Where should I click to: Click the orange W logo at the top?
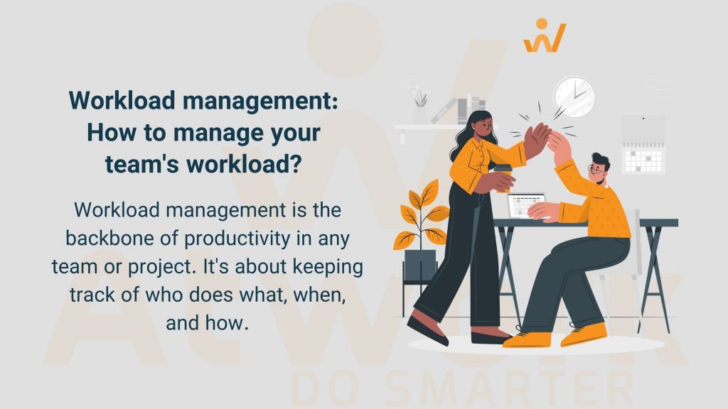tap(545, 36)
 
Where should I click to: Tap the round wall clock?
tap(574, 95)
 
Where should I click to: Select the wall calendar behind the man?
tap(643, 146)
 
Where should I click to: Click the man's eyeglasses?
tap(596, 170)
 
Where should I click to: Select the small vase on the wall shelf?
tap(420, 114)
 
